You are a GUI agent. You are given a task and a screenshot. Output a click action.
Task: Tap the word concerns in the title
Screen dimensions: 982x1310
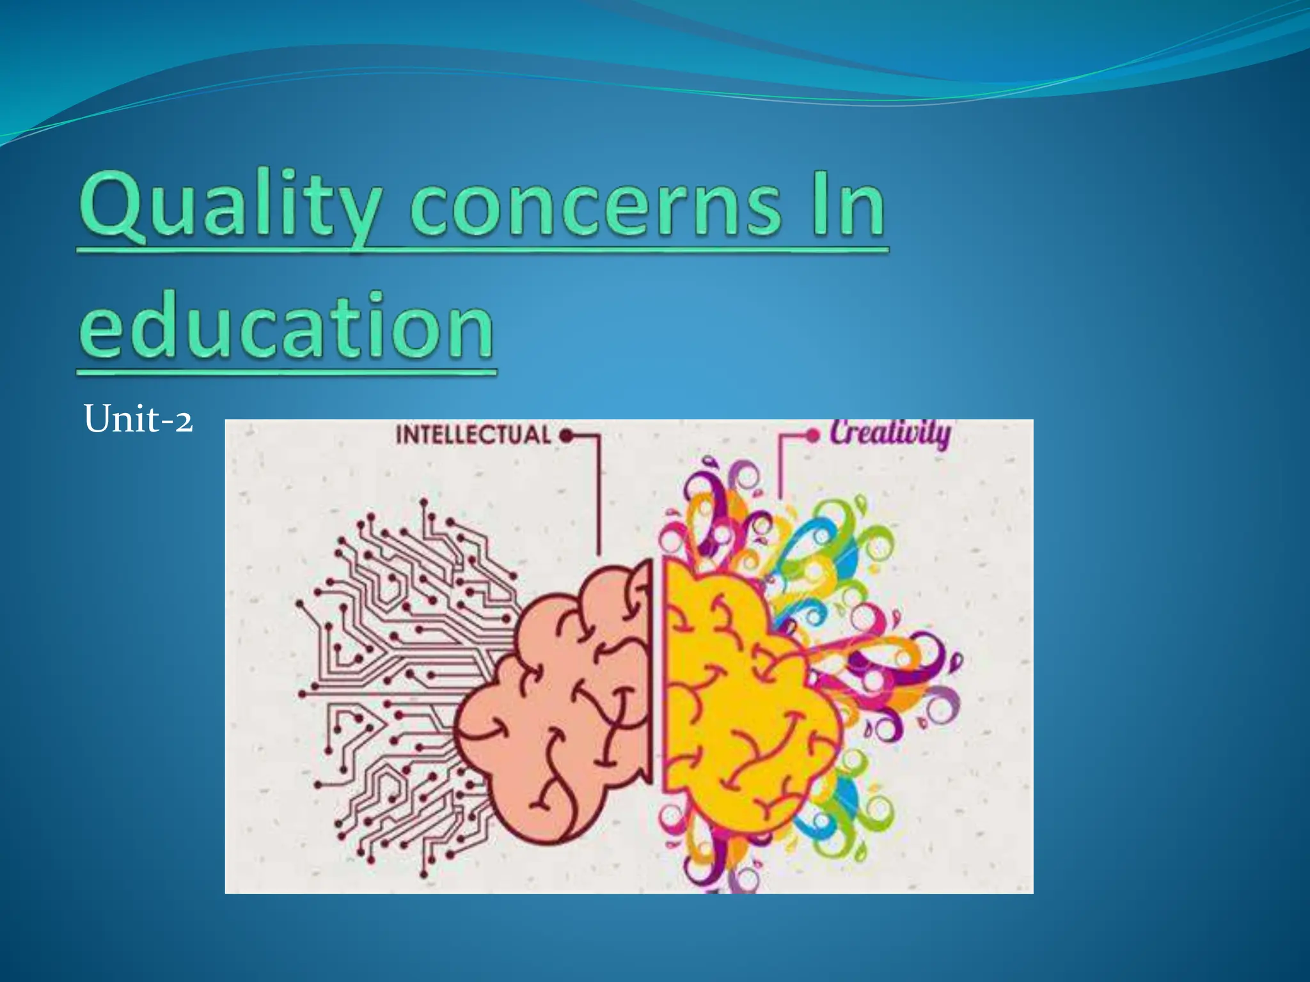(595, 208)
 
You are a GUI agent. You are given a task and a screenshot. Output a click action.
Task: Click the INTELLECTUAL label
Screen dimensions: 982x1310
(473, 435)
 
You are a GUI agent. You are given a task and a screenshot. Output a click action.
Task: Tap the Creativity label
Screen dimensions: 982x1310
(890, 433)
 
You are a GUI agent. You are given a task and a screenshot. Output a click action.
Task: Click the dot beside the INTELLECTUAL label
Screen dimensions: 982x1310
(565, 437)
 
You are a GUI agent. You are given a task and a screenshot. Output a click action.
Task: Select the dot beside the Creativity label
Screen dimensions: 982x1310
(812, 436)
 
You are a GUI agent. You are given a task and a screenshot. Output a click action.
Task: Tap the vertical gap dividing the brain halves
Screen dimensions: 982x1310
(658, 671)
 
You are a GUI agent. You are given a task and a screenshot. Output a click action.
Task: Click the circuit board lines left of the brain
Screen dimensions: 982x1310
(397, 671)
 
